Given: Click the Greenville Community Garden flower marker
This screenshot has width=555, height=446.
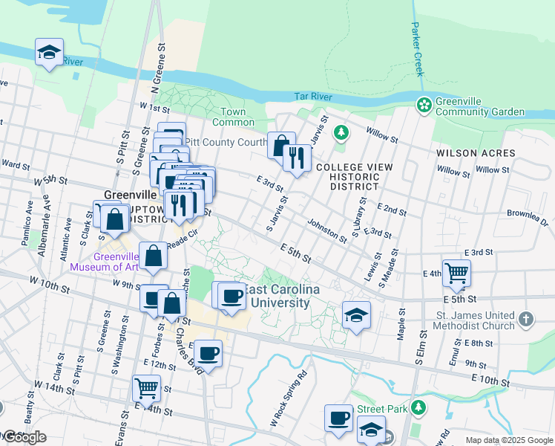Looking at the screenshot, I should pyautogui.click(x=424, y=105).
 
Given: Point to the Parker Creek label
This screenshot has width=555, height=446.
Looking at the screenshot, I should pyautogui.click(x=417, y=48).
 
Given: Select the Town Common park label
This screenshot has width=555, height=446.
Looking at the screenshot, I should pyautogui.click(x=233, y=117).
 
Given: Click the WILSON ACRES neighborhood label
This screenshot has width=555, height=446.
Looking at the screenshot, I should pyautogui.click(x=476, y=153).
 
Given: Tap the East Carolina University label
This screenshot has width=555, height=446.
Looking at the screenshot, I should pyautogui.click(x=279, y=296).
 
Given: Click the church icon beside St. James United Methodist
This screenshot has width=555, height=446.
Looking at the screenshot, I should pyautogui.click(x=526, y=319).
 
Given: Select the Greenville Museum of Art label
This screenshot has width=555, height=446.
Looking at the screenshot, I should pyautogui.click(x=104, y=261).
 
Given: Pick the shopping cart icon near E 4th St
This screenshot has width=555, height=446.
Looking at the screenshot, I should pyautogui.click(x=456, y=272).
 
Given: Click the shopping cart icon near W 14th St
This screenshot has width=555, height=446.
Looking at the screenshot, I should pyautogui.click(x=146, y=387).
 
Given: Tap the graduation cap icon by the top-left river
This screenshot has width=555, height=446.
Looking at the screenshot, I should pyautogui.click(x=50, y=53).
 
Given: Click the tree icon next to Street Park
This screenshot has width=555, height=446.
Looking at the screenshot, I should pyautogui.click(x=418, y=407).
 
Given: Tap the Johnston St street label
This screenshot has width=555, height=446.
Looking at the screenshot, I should pyautogui.click(x=327, y=230).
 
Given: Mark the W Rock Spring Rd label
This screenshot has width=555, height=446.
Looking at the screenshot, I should pyautogui.click(x=288, y=401).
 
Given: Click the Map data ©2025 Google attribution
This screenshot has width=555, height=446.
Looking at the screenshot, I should pyautogui.click(x=509, y=440).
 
